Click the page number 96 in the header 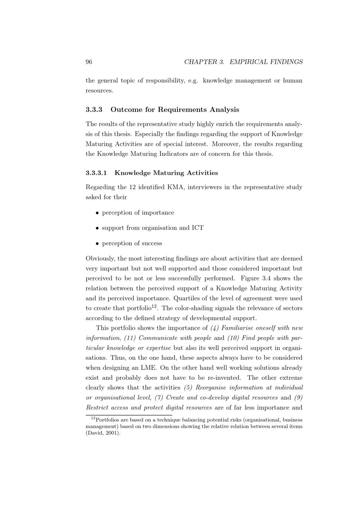(89, 62)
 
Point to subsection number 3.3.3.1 (96, 173)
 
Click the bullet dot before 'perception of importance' (97, 213)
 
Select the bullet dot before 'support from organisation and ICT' (97, 228)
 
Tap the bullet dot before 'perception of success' (97, 244)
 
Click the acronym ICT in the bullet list (198, 228)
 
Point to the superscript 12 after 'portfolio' (154, 306)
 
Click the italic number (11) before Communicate (130, 338)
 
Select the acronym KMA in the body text (176, 187)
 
